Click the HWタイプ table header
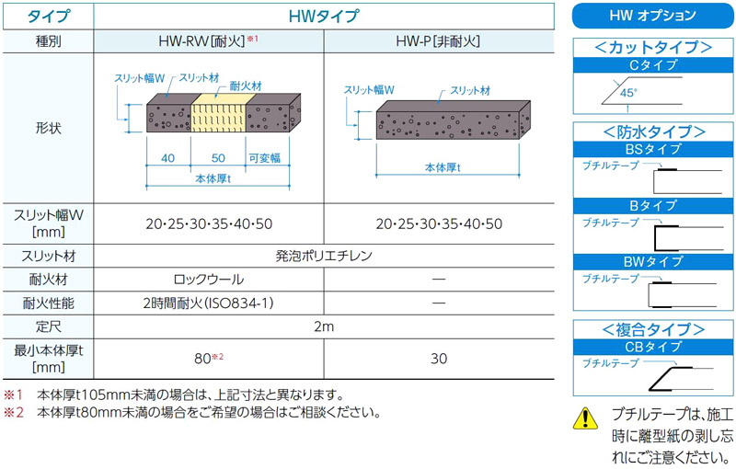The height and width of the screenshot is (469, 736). click(x=324, y=17)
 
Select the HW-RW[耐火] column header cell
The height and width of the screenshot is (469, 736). click(x=209, y=41)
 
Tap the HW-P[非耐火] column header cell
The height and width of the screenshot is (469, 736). click(x=439, y=41)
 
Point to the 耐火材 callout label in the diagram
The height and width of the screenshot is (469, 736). click(x=246, y=86)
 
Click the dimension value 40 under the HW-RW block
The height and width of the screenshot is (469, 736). click(x=167, y=158)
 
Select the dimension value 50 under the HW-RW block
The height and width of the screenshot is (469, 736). click(x=218, y=158)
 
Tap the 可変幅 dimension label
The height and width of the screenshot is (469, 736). click(x=264, y=158)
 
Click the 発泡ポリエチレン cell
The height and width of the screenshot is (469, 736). click(x=324, y=256)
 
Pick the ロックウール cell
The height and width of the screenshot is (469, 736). click(x=209, y=280)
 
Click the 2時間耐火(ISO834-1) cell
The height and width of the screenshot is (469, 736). click(x=209, y=303)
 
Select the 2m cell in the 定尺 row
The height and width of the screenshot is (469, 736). click(x=324, y=326)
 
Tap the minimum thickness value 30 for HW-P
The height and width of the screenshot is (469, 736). click(x=439, y=359)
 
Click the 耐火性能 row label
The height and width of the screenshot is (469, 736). click(x=49, y=303)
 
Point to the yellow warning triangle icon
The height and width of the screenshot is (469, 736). click(x=585, y=418)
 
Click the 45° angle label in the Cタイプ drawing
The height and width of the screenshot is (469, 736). click(x=628, y=92)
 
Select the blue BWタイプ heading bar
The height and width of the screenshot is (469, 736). click(x=653, y=261)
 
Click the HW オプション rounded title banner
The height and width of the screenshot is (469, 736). click(x=652, y=16)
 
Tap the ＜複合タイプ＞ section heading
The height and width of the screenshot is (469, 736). click(x=653, y=329)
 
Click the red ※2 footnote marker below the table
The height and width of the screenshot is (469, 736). click(x=13, y=412)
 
